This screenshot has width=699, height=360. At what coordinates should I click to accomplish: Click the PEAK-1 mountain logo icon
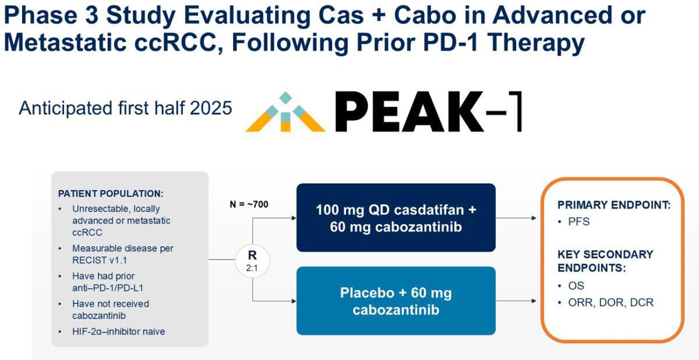[285, 112]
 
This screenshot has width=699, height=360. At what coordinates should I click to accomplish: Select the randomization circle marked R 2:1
[252, 261]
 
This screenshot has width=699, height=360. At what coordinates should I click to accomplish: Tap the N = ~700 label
[249, 204]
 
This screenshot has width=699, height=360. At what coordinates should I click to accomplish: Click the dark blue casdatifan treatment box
[396, 218]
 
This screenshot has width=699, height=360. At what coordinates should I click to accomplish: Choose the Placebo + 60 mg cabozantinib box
[396, 301]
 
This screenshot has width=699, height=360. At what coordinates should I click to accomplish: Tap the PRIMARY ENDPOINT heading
[614, 205]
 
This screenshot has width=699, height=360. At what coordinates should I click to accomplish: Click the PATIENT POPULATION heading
[111, 193]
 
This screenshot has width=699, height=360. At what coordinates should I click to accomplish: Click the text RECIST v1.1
[100, 260]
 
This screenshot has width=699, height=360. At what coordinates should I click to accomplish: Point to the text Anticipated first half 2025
[125, 108]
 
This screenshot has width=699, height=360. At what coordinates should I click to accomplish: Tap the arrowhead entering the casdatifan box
[294, 218]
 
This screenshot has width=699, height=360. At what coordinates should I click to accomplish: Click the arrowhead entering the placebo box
[294, 301]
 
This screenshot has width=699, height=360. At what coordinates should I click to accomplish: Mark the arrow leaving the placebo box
[516, 301]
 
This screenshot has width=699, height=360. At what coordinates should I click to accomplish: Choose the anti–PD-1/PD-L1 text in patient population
[108, 288]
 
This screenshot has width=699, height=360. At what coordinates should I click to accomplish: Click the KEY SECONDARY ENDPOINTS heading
[605, 261]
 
